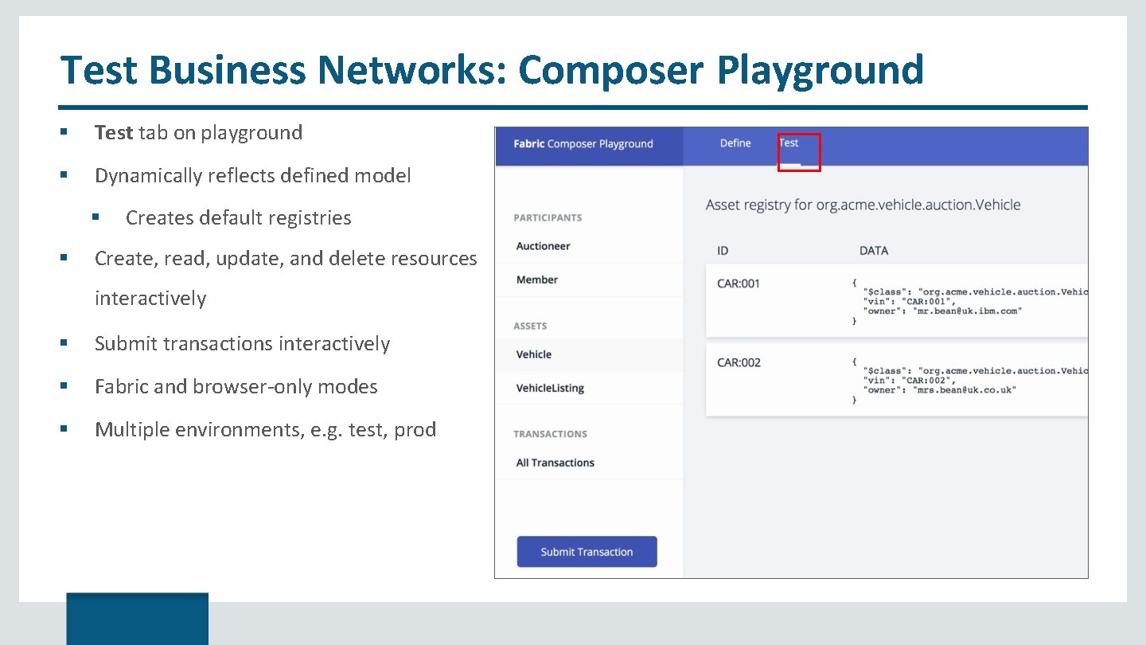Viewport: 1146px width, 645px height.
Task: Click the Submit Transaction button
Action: point(587,552)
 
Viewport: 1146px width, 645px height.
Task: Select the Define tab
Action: point(735,143)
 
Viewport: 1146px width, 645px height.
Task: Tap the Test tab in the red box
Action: point(789,143)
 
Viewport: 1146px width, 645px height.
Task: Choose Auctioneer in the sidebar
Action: point(543,246)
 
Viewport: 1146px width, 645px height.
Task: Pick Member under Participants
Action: point(536,279)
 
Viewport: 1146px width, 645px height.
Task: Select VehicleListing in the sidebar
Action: point(550,388)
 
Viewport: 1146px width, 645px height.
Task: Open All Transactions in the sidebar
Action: point(555,463)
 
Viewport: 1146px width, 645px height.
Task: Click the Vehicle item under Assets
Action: point(533,354)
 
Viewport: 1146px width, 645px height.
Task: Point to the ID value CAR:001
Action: point(739,283)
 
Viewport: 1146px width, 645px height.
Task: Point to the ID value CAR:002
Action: point(739,362)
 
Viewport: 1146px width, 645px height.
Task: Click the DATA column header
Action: point(873,251)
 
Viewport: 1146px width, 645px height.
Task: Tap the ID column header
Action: point(723,251)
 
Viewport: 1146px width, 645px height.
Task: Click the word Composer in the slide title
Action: point(610,70)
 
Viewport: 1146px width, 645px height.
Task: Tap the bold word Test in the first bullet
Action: point(113,132)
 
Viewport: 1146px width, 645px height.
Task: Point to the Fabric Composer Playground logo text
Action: point(583,144)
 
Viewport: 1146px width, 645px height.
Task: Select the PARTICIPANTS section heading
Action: point(548,217)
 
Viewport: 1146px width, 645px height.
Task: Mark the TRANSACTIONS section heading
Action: point(550,434)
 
